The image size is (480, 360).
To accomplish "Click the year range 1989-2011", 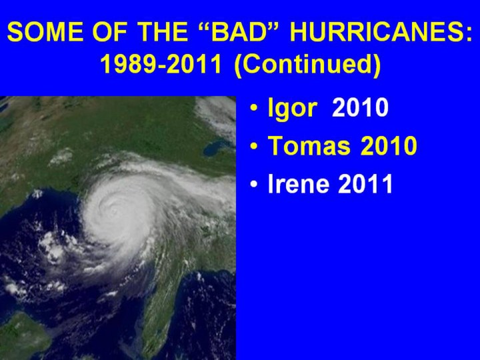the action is pyautogui.click(x=161, y=64).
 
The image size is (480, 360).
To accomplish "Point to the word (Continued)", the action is pyautogui.click(x=307, y=65).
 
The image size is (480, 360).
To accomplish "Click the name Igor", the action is pyautogui.click(x=292, y=109).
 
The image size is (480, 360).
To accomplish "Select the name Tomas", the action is pyautogui.click(x=309, y=146).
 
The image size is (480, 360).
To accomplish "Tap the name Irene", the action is pyautogui.click(x=299, y=184).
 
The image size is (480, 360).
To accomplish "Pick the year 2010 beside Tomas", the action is pyautogui.click(x=389, y=146).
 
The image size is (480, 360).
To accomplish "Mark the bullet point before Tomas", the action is pyautogui.click(x=254, y=146).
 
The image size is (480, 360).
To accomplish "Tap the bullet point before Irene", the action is pyautogui.click(x=254, y=185).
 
